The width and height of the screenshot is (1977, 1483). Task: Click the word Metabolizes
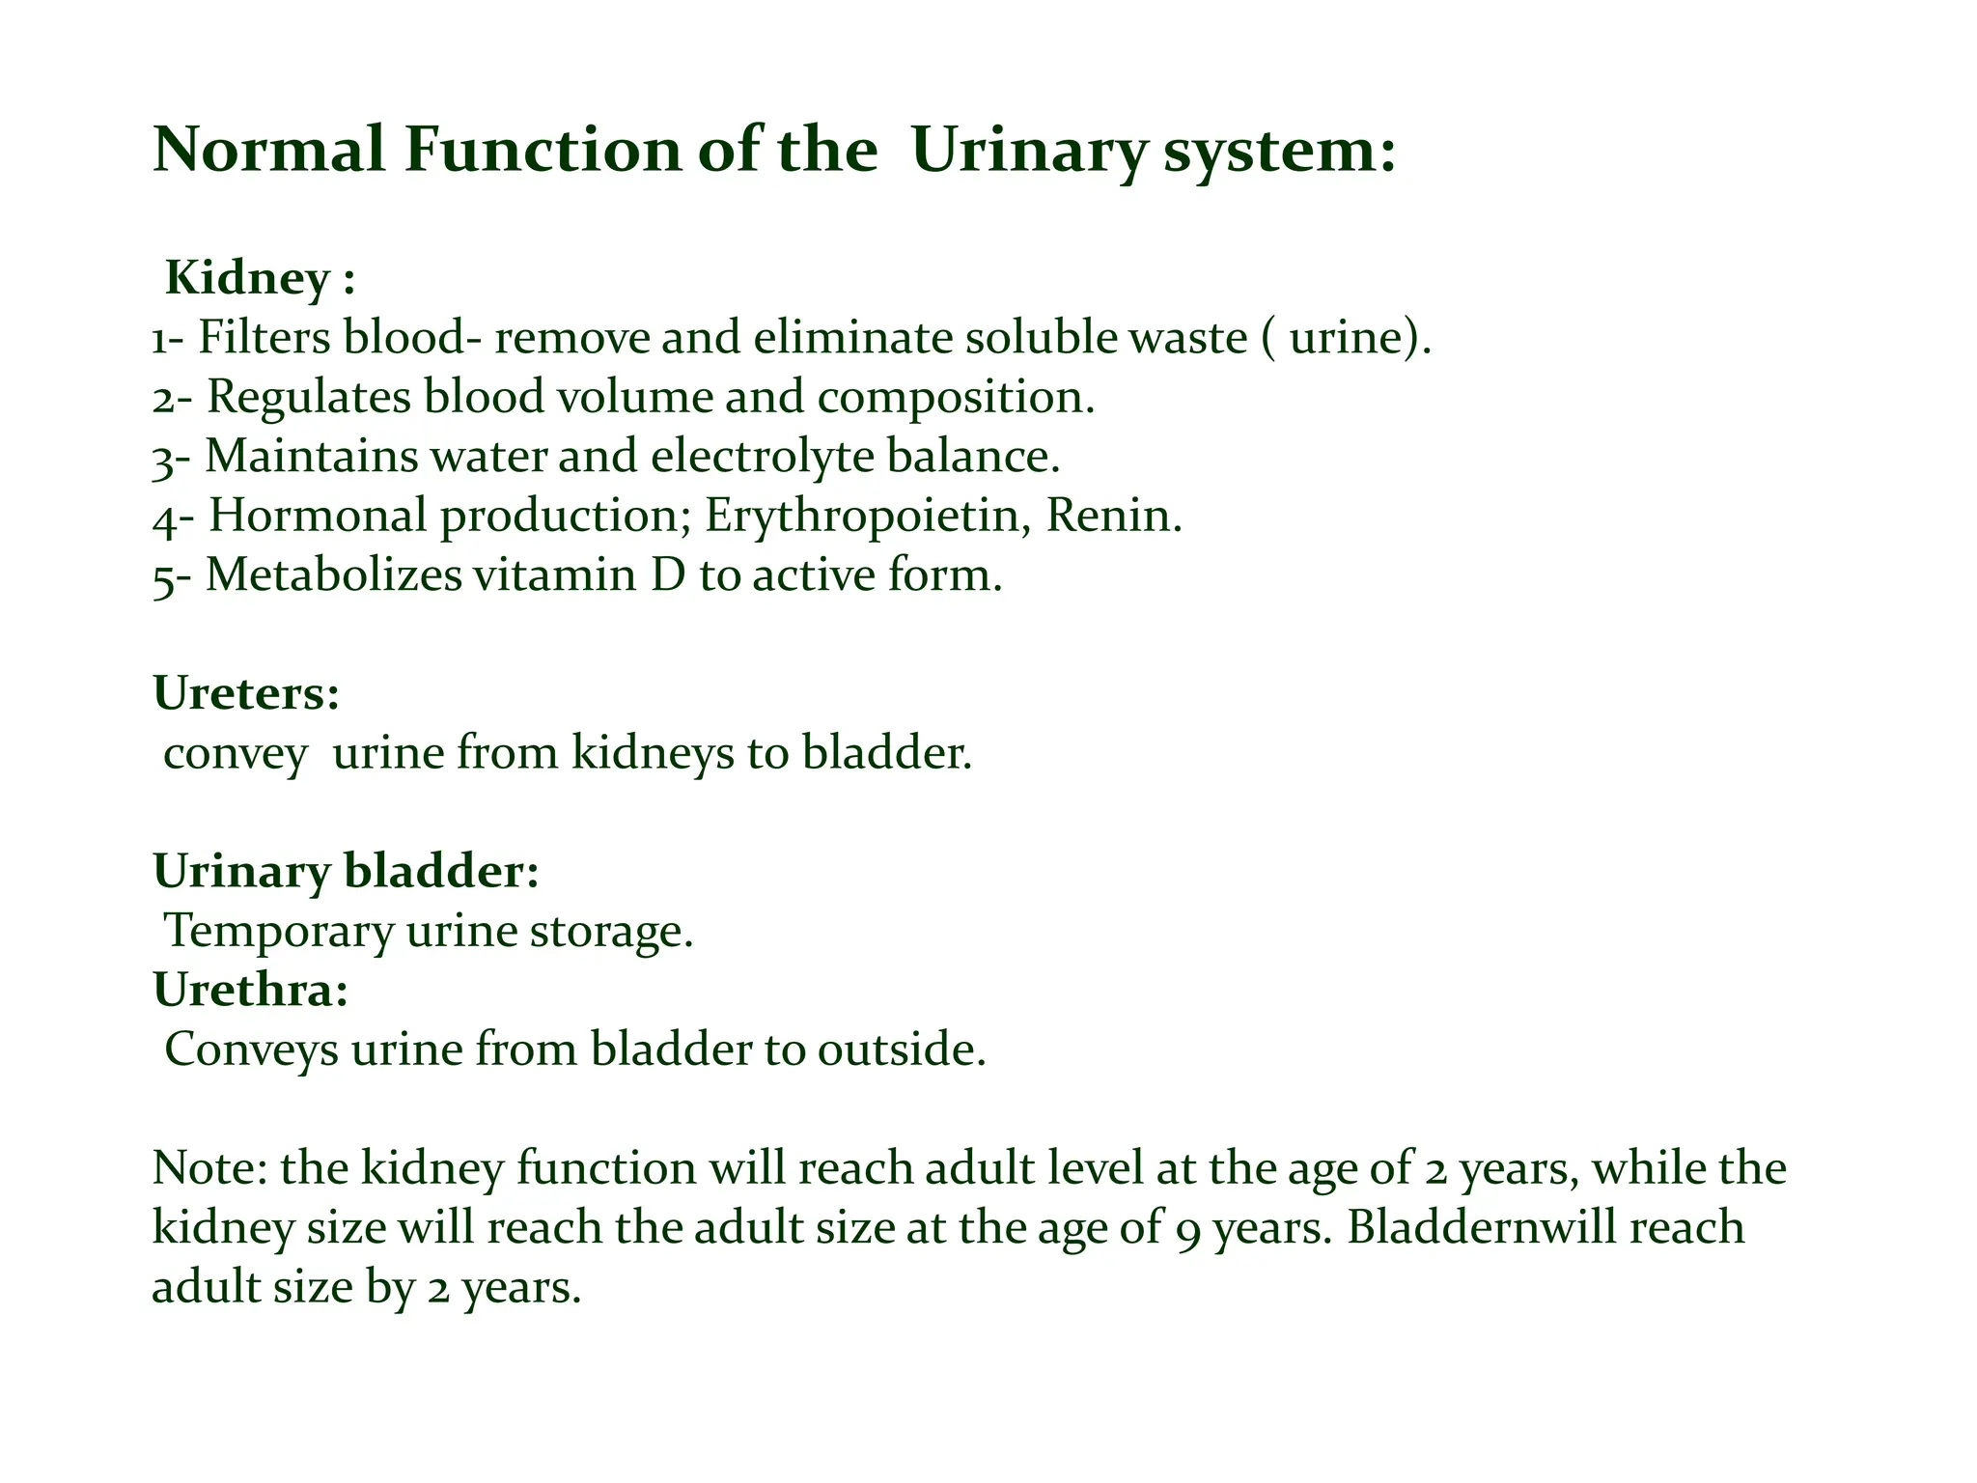coord(334,575)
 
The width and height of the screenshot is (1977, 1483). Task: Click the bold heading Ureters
coord(245,694)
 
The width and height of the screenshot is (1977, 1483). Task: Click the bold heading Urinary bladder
coord(345,872)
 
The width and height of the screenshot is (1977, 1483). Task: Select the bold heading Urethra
coord(250,991)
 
